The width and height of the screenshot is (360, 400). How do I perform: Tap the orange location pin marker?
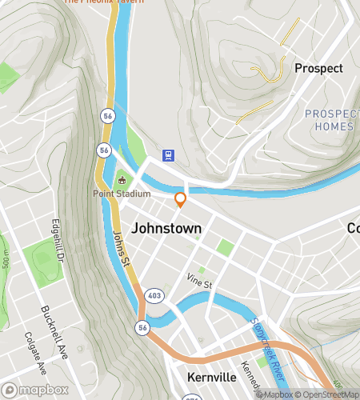click(x=181, y=199)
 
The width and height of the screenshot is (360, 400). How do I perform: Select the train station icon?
click(x=169, y=154)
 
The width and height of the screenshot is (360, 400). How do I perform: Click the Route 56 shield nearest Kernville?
click(x=142, y=327)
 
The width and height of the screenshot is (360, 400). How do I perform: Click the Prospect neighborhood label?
click(x=318, y=68)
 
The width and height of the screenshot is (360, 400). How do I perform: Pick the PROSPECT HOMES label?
click(x=329, y=120)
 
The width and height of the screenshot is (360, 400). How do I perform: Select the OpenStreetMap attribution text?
click(x=326, y=394)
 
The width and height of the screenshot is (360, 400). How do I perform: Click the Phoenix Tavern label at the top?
click(x=104, y=2)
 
